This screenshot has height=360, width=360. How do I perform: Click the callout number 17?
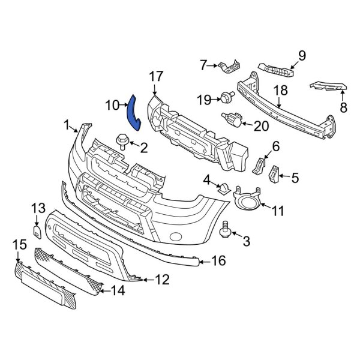[x=155, y=76]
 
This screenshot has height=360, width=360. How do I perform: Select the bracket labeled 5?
[x=274, y=175]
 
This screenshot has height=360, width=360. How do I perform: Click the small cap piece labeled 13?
[x=37, y=229]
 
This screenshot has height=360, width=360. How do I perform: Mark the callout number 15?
[x=20, y=244]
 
